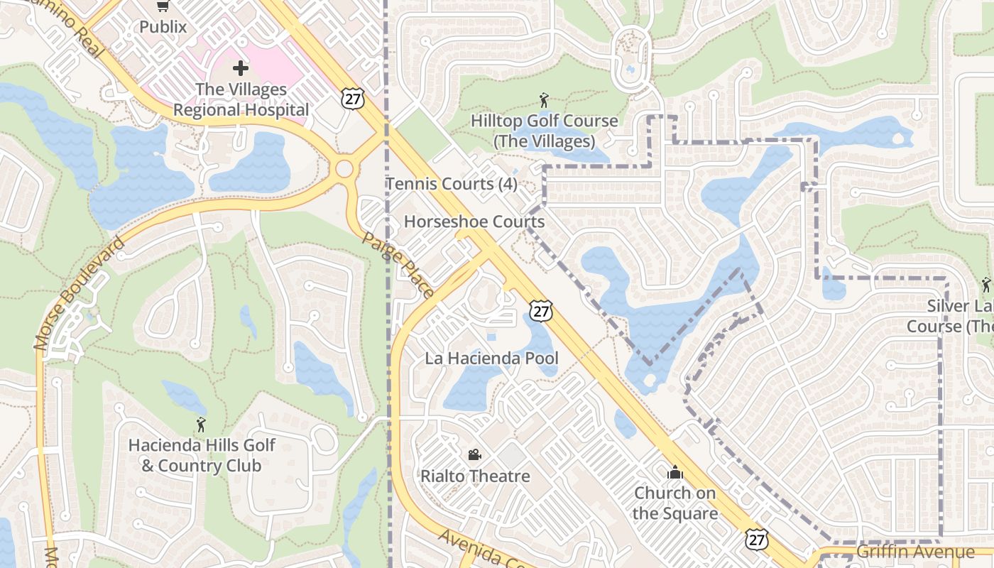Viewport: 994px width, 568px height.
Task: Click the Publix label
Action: (163, 27)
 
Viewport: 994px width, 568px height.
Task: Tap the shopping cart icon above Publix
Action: (163, 6)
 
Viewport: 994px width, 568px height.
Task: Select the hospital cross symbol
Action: (241, 68)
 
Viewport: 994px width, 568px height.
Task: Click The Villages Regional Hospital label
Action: (241, 100)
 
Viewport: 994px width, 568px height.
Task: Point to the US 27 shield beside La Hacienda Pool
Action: (541, 310)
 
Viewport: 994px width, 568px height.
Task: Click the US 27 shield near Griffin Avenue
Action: (757, 540)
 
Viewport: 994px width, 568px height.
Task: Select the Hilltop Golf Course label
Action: (544, 131)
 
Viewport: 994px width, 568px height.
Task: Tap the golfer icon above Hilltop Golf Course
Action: (544, 100)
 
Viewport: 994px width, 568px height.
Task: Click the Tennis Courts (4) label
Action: (452, 184)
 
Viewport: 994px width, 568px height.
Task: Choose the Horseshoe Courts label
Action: (474, 222)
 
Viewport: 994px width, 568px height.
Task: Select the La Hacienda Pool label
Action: (491, 359)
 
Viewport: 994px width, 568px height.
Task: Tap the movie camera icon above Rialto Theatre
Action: (474, 454)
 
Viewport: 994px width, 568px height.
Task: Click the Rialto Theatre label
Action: (475, 476)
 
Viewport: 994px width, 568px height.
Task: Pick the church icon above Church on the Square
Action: (674, 472)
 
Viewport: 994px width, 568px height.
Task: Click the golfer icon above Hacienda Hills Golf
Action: (201, 425)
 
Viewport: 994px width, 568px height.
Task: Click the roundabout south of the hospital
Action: (344, 169)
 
